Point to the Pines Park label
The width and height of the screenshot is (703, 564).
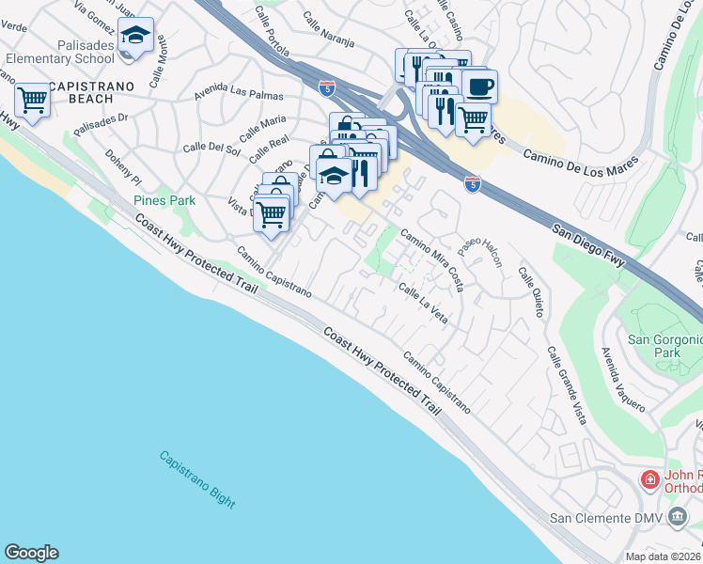tap(164, 200)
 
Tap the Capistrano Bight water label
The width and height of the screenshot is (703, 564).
tap(196, 479)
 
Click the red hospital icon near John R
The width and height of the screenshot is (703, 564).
tap(648, 480)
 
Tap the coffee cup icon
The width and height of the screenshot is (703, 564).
tap(479, 86)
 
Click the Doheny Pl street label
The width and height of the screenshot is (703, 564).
tap(122, 166)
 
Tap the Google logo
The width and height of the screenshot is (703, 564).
tap(31, 552)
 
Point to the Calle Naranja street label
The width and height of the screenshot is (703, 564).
tap(328, 28)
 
